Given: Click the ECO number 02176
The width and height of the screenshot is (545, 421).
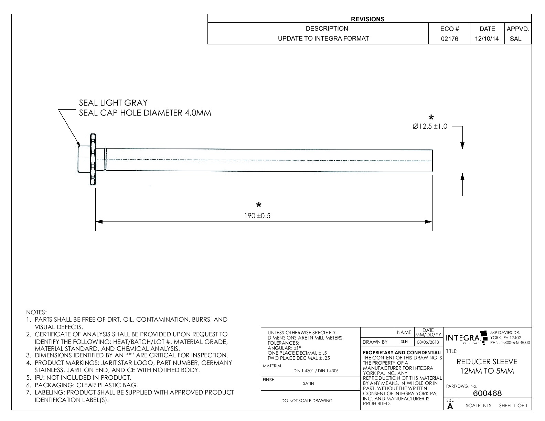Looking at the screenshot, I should coord(449,39).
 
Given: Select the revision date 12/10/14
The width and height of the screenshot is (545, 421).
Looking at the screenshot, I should coord(487,39).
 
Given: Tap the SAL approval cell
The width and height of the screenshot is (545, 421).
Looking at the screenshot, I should coord(515,39).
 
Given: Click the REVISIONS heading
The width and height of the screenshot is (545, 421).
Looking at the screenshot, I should coord(367,19).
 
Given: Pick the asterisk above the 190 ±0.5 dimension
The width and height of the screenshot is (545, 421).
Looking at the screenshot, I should coord(259,205).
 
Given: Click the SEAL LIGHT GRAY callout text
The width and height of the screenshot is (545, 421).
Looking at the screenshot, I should coord(113,103).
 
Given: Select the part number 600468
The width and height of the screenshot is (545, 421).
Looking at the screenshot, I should coord(487,393).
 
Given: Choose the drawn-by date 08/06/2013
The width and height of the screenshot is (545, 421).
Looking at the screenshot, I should coord(428,342).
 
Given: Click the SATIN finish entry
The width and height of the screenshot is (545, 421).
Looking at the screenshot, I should coord(308,384).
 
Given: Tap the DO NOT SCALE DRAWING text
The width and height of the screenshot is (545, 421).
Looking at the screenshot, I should coord(307,400).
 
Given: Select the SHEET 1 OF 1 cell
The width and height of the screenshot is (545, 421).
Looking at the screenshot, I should coord(513,406).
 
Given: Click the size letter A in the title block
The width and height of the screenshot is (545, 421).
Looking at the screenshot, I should coord(450,406).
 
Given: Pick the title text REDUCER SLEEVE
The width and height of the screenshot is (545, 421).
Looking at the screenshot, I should coord(487,362).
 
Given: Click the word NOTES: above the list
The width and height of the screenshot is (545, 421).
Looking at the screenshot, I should coord(36,312).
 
